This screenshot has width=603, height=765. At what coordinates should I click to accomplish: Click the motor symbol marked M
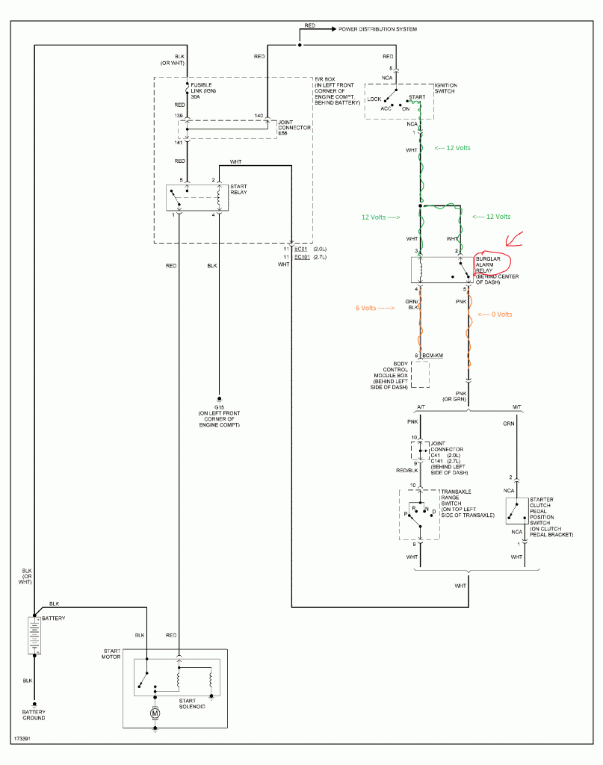click(x=155, y=713)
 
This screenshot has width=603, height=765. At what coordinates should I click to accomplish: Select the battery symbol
click(x=34, y=635)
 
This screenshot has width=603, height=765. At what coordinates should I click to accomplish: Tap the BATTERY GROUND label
click(x=34, y=715)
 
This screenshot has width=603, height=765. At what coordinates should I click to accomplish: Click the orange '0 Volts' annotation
click(x=494, y=315)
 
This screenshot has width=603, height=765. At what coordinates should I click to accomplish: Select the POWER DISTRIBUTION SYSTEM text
click(x=377, y=29)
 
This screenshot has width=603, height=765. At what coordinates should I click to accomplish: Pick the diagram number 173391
click(x=23, y=739)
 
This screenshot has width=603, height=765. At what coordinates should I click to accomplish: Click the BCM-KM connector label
click(x=433, y=356)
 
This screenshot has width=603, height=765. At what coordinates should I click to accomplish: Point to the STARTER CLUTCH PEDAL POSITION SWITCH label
click(x=550, y=517)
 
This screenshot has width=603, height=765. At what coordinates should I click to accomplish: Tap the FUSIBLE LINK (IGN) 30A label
click(x=203, y=91)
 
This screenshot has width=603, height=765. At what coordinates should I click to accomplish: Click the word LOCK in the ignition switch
click(x=374, y=99)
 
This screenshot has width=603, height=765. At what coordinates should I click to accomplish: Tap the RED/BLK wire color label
click(x=406, y=472)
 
